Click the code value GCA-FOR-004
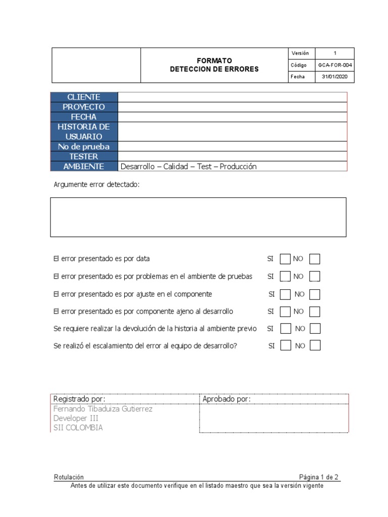(x=335, y=65)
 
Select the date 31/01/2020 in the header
(x=335, y=77)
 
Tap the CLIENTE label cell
(x=84, y=97)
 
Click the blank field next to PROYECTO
(x=232, y=107)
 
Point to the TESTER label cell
(x=84, y=157)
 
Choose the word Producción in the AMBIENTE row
(x=237, y=167)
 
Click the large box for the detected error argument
(x=198, y=217)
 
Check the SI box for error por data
(x=285, y=259)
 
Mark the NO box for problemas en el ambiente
(x=315, y=277)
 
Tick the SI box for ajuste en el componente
(x=285, y=294)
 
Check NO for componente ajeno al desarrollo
(x=315, y=311)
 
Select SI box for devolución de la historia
(x=285, y=329)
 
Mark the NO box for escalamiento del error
(x=315, y=346)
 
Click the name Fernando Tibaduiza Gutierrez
(x=103, y=409)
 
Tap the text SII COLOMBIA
(x=78, y=428)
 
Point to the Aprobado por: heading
(x=226, y=399)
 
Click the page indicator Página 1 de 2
(x=319, y=477)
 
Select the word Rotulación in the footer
(x=69, y=477)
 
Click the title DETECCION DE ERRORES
(x=214, y=69)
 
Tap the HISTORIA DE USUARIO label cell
(x=84, y=132)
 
